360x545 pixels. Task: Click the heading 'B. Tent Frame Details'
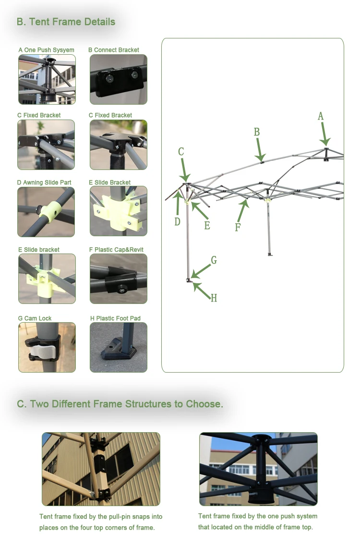point(66,22)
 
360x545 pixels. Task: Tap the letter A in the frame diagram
point(321,116)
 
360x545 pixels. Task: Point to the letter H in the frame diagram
point(214,298)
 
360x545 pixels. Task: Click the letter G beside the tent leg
point(214,260)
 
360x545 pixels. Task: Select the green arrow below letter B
point(260,150)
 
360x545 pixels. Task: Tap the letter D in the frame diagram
point(177,222)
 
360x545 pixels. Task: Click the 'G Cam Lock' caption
point(35,318)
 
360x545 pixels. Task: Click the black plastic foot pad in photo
point(119,352)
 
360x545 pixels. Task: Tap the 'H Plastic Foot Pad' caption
point(115,318)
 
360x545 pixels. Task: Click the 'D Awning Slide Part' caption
point(44,182)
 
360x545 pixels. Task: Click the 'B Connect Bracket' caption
point(114,50)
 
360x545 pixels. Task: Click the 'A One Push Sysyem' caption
point(46,50)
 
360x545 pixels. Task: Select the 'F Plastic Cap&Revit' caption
point(116,250)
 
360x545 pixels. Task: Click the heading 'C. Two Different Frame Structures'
point(120,404)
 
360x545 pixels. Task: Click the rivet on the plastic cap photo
point(122,289)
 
